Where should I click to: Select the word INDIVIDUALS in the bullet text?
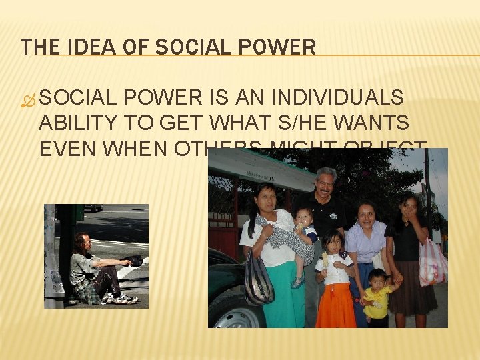click(x=345, y=98)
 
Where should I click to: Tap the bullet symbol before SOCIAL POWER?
click(x=27, y=99)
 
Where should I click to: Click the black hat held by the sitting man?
click(x=133, y=260)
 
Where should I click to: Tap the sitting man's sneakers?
click(x=123, y=298)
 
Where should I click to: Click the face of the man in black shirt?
click(x=326, y=183)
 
